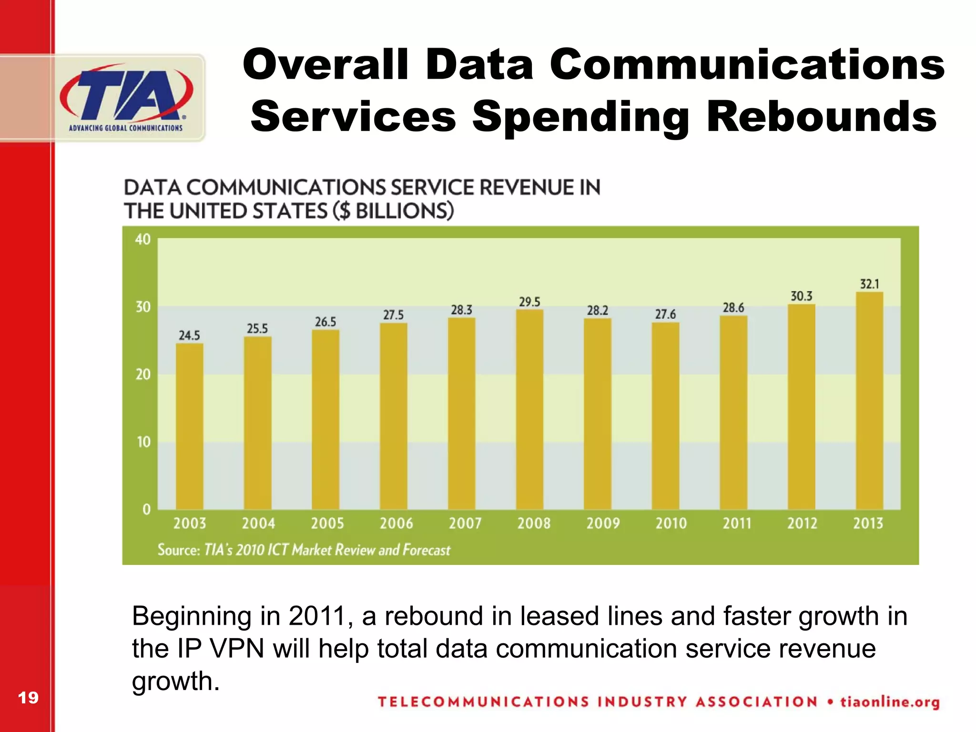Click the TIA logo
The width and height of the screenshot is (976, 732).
click(x=126, y=98)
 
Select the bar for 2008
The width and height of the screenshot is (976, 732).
click(x=529, y=410)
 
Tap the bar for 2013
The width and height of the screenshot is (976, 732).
click(x=869, y=400)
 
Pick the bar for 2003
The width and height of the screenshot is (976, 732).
click(x=190, y=427)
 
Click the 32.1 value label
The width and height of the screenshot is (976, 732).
click(x=869, y=284)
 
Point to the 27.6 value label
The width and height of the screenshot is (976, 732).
click(x=665, y=314)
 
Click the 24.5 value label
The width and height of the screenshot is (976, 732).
click(x=189, y=335)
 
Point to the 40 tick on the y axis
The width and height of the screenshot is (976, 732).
click(x=143, y=239)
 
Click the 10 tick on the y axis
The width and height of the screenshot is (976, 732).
click(x=143, y=442)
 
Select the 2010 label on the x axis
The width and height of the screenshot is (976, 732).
click(x=671, y=523)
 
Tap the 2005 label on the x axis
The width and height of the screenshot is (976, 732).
click(x=327, y=523)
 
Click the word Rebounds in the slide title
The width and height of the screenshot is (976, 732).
click(x=822, y=117)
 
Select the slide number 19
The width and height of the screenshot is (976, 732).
click(x=28, y=698)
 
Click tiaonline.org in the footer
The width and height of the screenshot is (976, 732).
click(x=890, y=702)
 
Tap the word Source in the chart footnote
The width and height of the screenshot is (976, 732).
click(x=179, y=550)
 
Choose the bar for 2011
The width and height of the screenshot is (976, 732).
click(x=733, y=412)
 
